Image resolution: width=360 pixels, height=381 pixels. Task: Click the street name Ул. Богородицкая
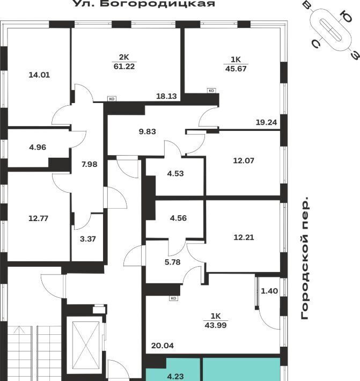(x=144, y=3)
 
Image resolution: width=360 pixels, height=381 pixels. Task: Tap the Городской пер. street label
(x=305, y=258)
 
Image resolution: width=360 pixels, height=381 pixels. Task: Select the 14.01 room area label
(x=39, y=75)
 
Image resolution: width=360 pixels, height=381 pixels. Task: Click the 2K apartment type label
(x=124, y=57)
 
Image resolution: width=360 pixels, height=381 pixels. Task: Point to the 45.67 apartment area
(x=236, y=69)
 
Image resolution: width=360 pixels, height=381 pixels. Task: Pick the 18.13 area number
(x=166, y=96)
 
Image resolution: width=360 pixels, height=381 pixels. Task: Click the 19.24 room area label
(x=267, y=122)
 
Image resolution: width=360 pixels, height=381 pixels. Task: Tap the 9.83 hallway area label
(x=147, y=131)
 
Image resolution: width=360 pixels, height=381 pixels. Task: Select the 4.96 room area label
(x=38, y=147)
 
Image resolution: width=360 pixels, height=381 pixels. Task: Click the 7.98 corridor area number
(x=90, y=164)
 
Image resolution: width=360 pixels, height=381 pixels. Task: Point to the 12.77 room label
(x=39, y=218)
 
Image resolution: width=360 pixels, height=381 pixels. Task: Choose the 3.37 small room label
(x=88, y=239)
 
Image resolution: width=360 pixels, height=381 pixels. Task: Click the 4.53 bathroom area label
(x=175, y=173)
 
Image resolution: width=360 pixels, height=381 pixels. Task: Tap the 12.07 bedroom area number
(x=244, y=160)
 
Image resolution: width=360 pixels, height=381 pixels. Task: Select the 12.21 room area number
(x=244, y=237)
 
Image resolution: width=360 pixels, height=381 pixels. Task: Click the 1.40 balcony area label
(x=269, y=291)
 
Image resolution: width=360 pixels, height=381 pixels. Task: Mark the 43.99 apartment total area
(x=216, y=325)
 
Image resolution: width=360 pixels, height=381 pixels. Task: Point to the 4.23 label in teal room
(x=175, y=377)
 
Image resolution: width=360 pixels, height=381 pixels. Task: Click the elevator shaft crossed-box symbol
(x=86, y=345)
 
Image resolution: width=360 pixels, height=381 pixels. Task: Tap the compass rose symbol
(x=332, y=30)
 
